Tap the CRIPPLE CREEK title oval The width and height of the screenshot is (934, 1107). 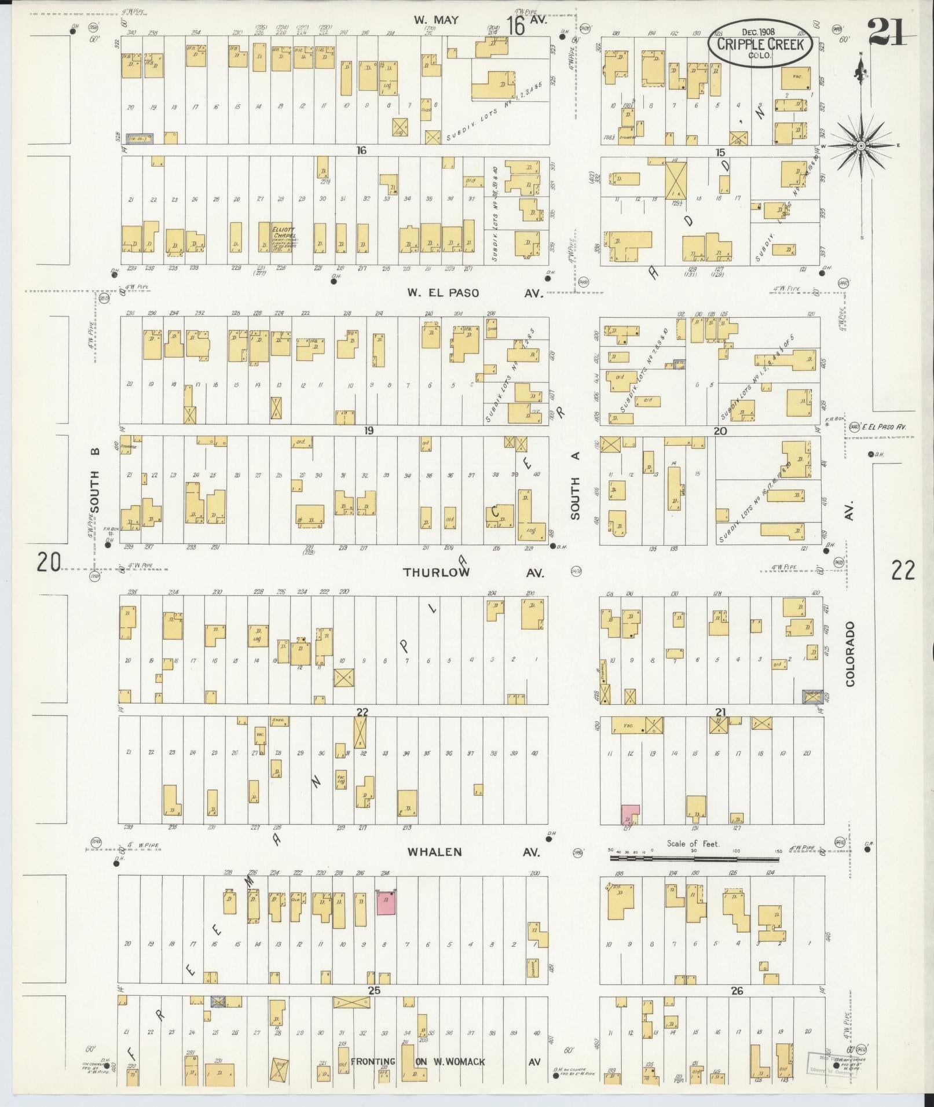(760, 44)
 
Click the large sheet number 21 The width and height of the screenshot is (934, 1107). (887, 32)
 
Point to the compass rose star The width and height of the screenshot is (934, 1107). (860, 146)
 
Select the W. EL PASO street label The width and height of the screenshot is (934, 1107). (443, 293)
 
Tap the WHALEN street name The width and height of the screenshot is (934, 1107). (434, 852)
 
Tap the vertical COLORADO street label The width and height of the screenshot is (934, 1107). (849, 654)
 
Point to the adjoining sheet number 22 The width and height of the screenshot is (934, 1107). (903, 571)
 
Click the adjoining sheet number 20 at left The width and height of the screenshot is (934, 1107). (49, 561)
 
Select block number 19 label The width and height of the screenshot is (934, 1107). (367, 431)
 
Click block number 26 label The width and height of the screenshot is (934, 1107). (736, 991)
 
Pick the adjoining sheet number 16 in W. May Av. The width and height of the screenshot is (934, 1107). (515, 26)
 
